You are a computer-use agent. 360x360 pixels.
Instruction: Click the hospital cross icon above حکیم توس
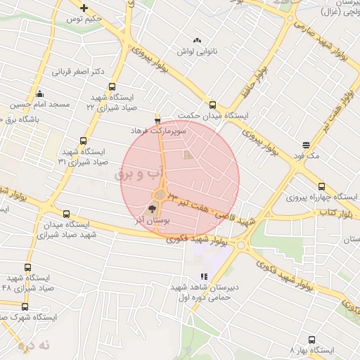[x=84, y=8]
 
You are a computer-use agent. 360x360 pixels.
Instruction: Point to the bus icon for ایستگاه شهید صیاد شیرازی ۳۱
[x=84, y=141]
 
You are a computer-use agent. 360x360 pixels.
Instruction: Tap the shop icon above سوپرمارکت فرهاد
[x=157, y=119]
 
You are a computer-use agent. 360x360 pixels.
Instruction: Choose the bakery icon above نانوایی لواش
[x=196, y=40]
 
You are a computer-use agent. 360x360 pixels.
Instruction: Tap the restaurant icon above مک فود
[x=304, y=143]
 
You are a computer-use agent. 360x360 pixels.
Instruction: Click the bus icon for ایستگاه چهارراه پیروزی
[x=321, y=187]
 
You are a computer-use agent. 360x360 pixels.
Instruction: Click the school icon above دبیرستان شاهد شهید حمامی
[x=204, y=277]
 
